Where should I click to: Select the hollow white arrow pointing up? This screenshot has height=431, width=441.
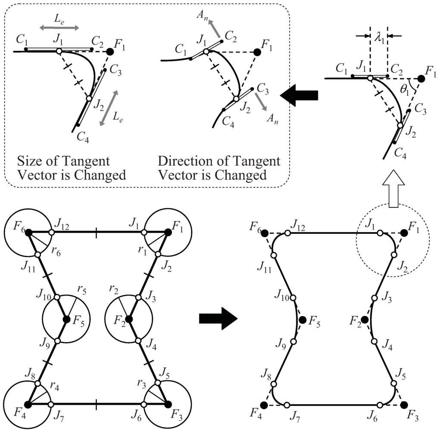click(393, 193)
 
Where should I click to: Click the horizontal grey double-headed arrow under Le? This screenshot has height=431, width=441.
click(59, 28)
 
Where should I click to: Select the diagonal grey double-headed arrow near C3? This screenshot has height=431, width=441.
click(109, 108)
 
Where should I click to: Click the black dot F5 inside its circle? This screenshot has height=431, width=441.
click(67, 319)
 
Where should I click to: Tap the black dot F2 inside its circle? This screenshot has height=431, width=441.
click(129, 319)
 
